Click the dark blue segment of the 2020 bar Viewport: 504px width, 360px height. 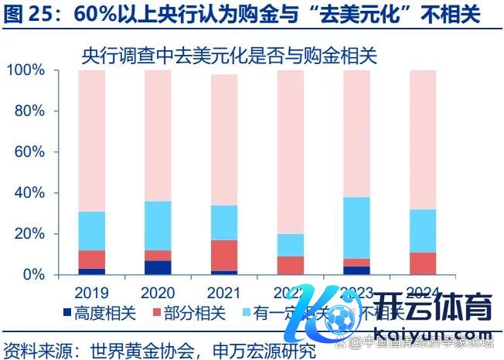tap(158, 267)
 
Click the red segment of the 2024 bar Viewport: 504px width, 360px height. tap(423, 263)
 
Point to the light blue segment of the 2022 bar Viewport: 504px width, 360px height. tap(291, 245)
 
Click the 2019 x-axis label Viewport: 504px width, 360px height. tap(92, 293)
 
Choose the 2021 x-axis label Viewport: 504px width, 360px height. tap(224, 293)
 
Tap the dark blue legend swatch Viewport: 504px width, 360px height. tap(69, 313)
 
